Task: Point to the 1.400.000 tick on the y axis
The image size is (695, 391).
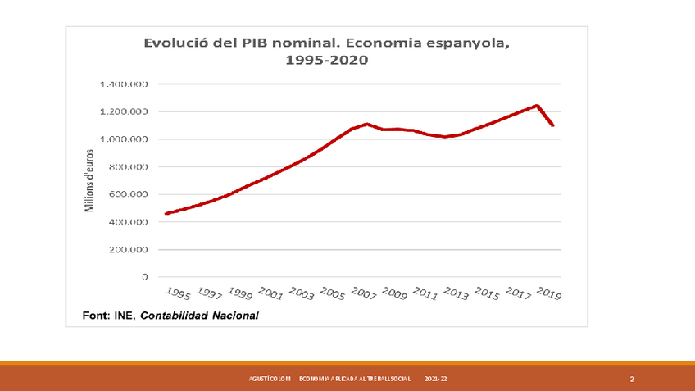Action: pos(124,84)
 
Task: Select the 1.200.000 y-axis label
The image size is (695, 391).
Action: pos(124,111)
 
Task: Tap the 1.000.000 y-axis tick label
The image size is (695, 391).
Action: pos(124,139)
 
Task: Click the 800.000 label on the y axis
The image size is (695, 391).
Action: pos(127,166)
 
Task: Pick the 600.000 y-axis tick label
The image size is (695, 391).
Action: pos(127,194)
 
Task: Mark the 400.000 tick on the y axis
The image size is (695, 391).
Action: pos(127,222)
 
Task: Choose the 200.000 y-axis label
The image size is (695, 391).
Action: pos(127,249)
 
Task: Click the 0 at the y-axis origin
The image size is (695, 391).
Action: pos(145,277)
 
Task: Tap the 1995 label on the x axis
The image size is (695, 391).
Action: pos(178,293)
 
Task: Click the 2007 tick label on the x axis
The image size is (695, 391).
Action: pos(362,293)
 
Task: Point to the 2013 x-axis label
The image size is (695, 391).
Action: pos(455,293)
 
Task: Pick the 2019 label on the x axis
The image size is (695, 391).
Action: pos(547,293)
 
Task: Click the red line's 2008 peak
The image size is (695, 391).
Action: pos(367,124)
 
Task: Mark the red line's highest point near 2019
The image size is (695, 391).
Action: pos(537,105)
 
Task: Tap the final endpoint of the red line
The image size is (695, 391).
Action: pos(553,125)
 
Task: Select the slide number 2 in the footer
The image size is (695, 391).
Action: pos(632,380)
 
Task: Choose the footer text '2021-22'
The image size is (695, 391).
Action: pos(436,380)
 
